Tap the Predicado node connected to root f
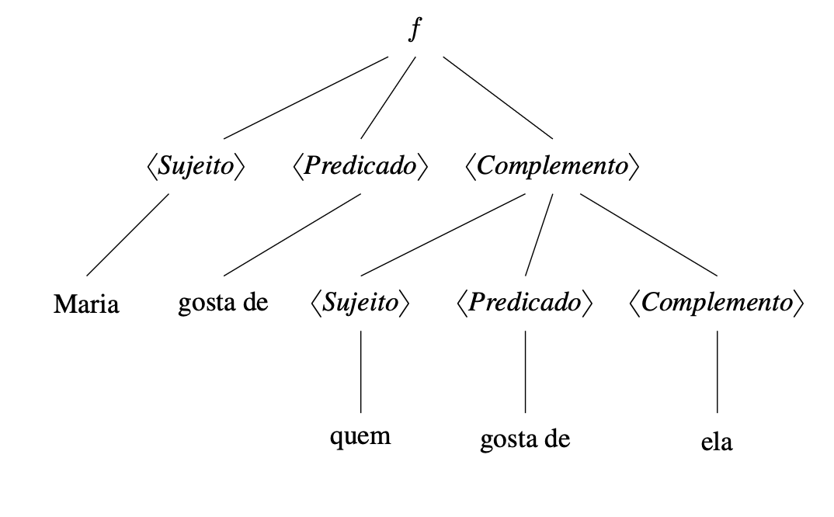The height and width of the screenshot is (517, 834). tap(360, 167)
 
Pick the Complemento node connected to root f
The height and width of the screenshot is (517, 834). tap(552, 167)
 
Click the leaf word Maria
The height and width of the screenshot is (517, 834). tap(86, 304)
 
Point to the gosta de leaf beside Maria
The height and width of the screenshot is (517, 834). tap(223, 302)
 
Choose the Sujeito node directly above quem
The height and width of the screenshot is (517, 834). tap(360, 303)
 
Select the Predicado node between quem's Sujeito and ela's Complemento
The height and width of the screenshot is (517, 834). tap(525, 303)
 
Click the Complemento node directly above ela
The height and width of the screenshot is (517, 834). tap(717, 303)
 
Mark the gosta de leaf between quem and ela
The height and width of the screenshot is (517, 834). tap(526, 439)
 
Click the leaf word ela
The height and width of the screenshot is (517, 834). tap(717, 443)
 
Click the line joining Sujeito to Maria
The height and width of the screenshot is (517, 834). tap(128, 234)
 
